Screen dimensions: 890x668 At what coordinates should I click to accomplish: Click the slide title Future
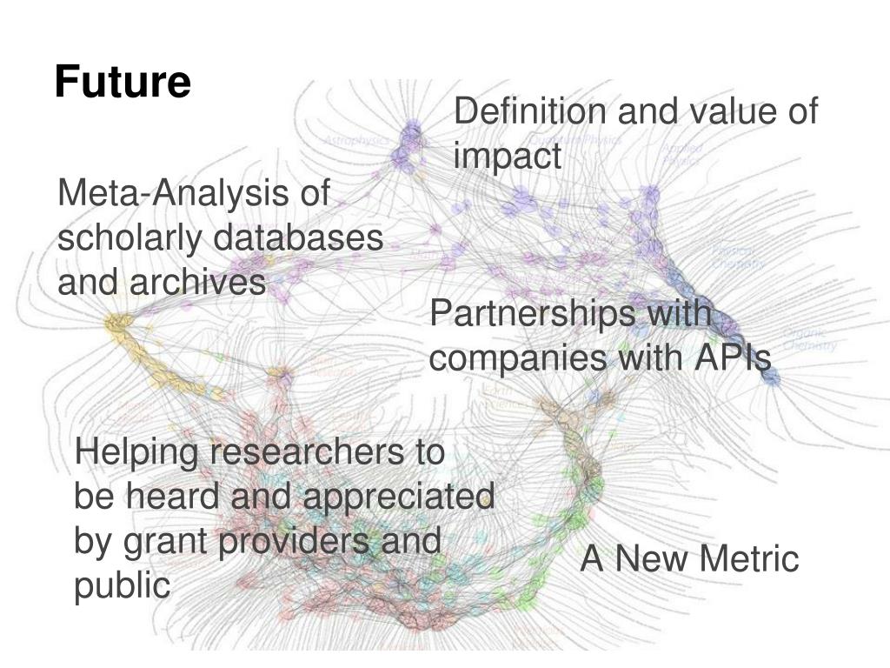tap(123, 83)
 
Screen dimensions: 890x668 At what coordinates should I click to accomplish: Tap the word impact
tap(508, 157)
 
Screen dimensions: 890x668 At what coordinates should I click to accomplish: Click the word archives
tap(200, 282)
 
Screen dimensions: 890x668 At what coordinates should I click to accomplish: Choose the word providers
tap(283, 542)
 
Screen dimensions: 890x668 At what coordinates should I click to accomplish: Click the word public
tap(122, 586)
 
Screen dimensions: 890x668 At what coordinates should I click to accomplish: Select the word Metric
tap(751, 559)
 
